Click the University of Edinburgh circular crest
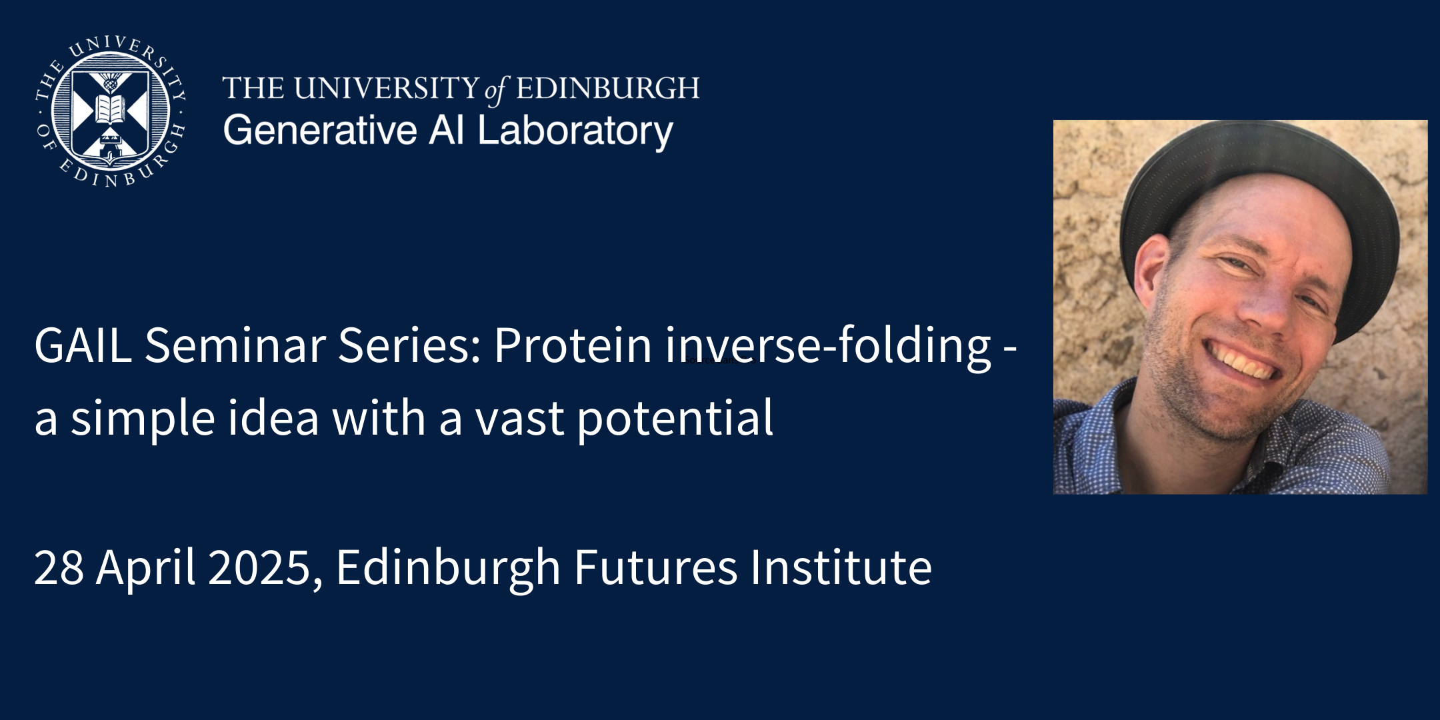pos(110,111)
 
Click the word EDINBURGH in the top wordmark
pos(607,88)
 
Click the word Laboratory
pos(575,131)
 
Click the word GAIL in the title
pos(83,345)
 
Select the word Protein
pos(573,345)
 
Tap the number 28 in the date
pos(59,567)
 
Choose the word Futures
pos(655,567)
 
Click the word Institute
pos(841,567)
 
